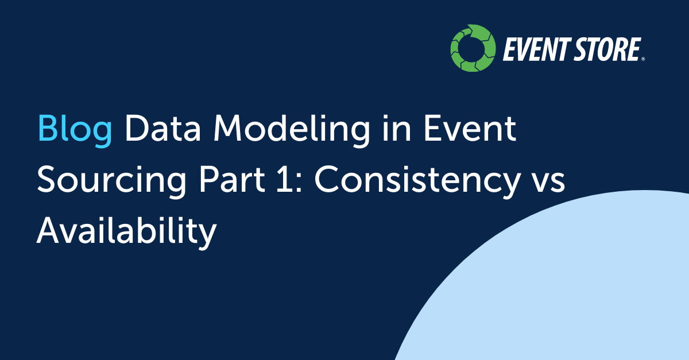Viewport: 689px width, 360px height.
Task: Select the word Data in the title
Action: pos(162,127)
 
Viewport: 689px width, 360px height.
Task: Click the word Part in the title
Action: pos(232,179)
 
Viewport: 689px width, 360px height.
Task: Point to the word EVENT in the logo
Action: pos(537,49)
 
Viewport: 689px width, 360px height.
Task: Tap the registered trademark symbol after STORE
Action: pos(643,59)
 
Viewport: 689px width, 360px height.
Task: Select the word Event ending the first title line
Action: pos(470,127)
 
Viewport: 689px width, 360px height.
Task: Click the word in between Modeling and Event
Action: pos(397,127)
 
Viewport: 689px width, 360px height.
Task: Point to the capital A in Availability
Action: pos(49,230)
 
